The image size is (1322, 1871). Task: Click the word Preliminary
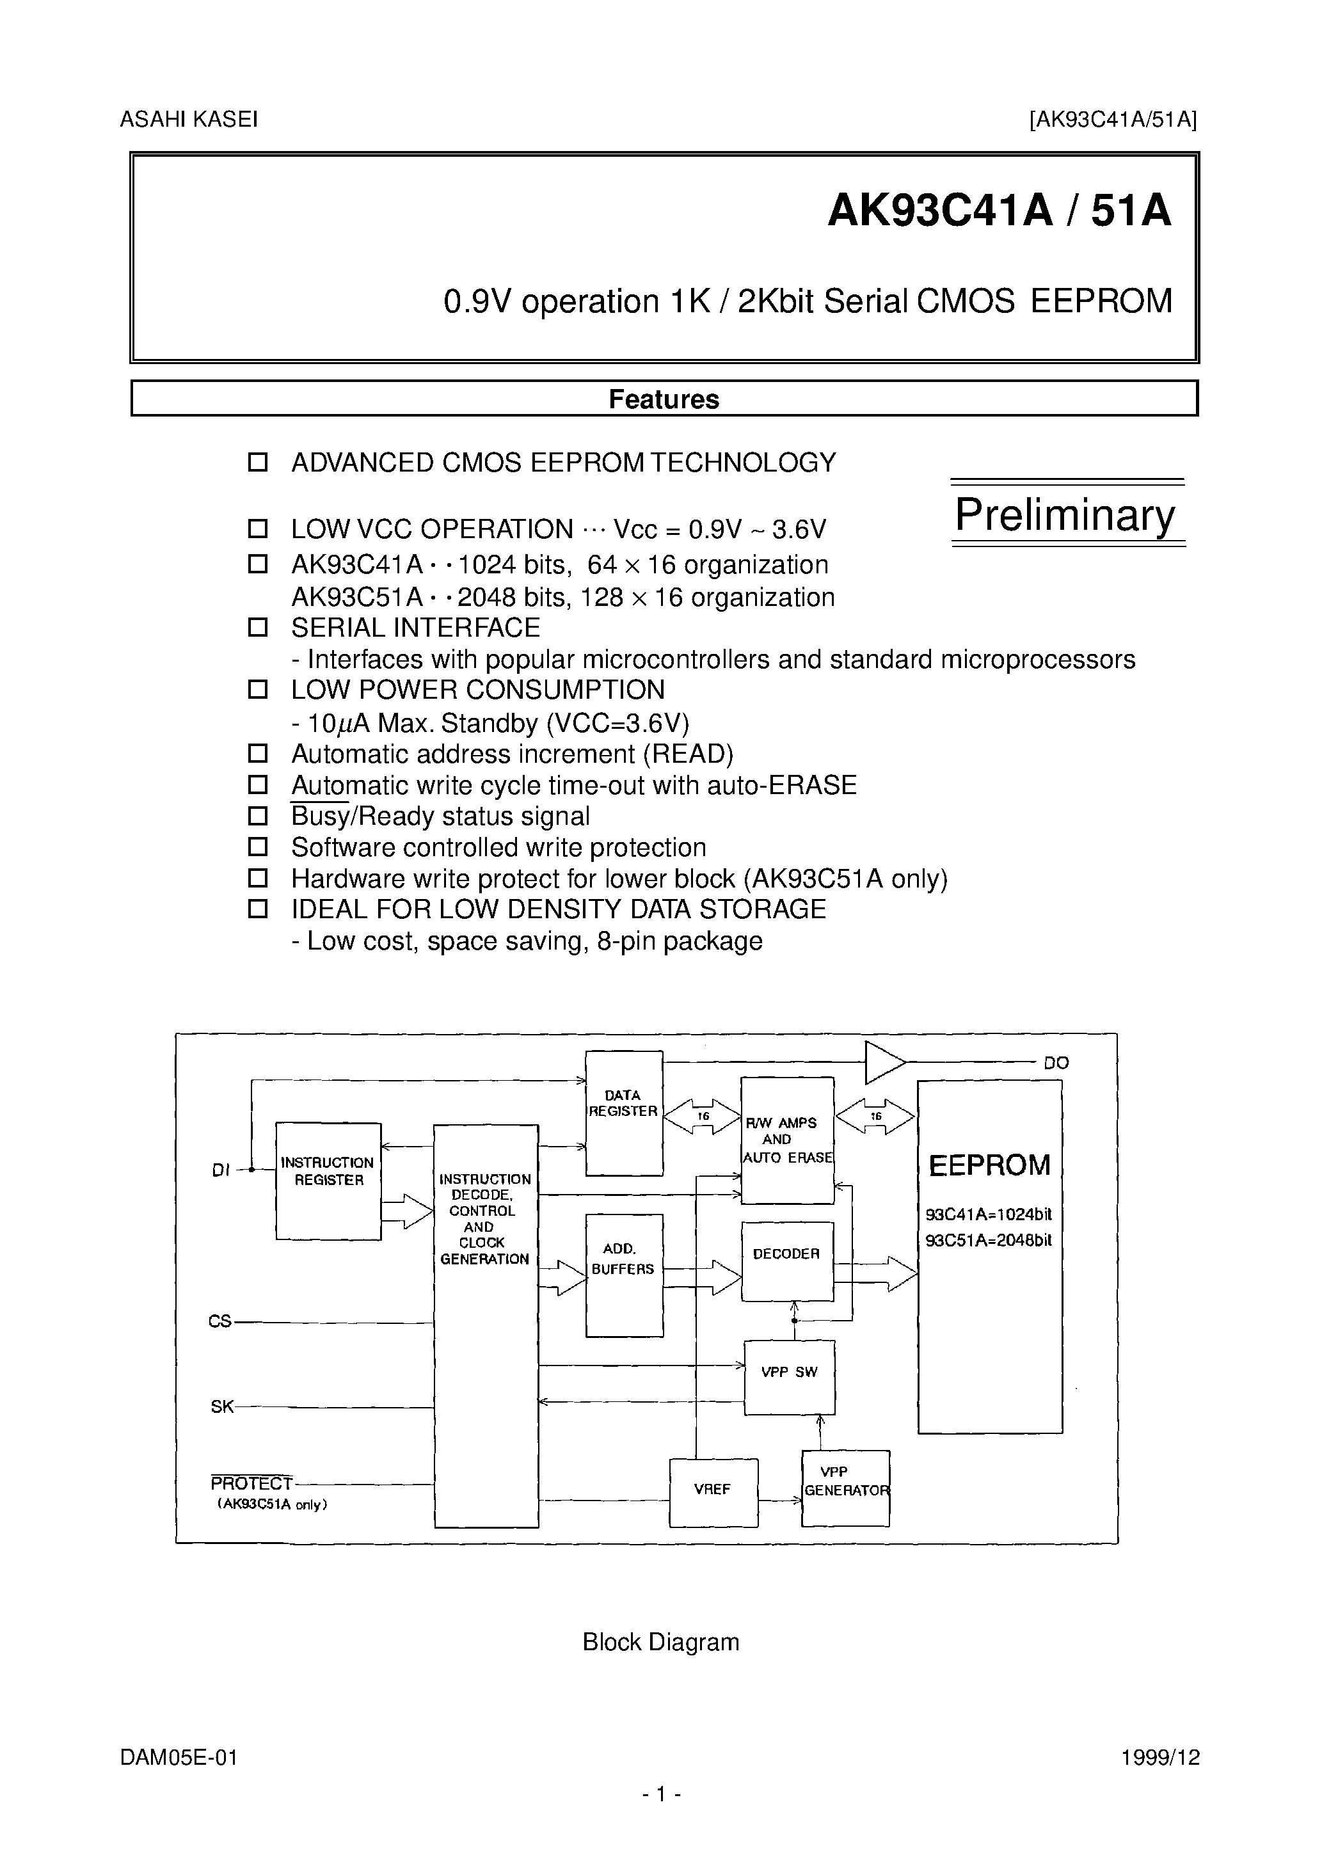(1065, 515)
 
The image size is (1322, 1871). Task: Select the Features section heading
(664, 399)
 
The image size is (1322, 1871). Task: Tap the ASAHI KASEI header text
(189, 120)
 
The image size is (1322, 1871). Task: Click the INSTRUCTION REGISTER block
(328, 1181)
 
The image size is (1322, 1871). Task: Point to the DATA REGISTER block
(623, 1112)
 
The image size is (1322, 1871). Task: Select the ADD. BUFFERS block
(623, 1275)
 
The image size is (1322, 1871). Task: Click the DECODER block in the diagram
(786, 1261)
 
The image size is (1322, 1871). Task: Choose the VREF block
(712, 1492)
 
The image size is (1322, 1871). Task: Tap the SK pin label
(221, 1406)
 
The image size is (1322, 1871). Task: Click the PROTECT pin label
(251, 1483)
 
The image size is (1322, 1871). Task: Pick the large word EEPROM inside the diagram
(989, 1165)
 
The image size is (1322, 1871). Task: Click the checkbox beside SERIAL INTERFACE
(258, 628)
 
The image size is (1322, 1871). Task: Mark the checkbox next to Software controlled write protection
(258, 847)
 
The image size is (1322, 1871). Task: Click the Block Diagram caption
(660, 1642)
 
